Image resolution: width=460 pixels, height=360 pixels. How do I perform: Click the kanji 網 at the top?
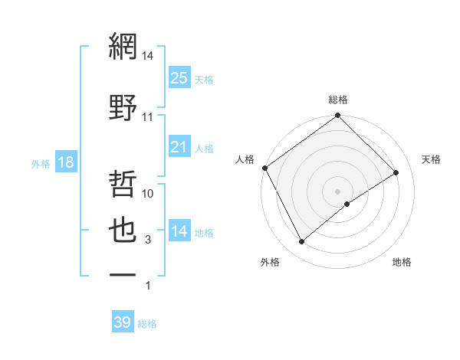tap(123, 48)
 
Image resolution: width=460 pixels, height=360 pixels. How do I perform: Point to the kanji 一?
tap(123, 273)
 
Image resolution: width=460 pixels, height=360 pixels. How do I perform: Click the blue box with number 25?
tap(179, 78)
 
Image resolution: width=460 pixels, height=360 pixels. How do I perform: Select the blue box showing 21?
tap(179, 147)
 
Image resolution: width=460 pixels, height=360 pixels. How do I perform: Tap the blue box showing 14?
tap(179, 231)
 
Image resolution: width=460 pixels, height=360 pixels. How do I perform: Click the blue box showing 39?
tap(123, 323)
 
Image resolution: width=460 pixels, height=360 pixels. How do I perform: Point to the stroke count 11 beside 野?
tap(147, 117)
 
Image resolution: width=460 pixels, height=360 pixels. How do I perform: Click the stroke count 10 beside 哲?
tap(148, 195)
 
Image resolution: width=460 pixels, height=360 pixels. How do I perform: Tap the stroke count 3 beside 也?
tap(148, 241)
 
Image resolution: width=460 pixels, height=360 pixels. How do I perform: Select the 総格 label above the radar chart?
tap(338, 100)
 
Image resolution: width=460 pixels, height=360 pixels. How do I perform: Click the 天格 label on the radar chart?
tap(431, 159)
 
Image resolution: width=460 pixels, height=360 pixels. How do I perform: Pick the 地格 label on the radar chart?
tap(402, 262)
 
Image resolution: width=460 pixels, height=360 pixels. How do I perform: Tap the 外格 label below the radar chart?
tap(270, 262)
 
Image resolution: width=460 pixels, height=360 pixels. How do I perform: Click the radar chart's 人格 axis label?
tap(245, 159)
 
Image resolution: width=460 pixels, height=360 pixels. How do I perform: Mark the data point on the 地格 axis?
tap(347, 204)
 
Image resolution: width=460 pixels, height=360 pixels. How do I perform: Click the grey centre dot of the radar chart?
tap(338, 191)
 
